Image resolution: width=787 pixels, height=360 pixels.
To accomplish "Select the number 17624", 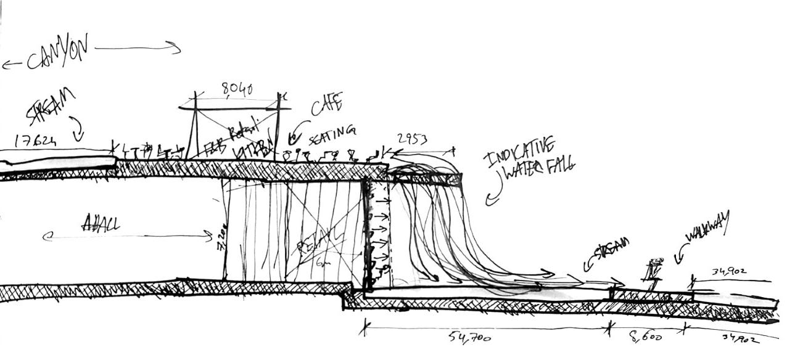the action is click(35, 141).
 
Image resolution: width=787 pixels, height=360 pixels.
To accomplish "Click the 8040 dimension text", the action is click(237, 91).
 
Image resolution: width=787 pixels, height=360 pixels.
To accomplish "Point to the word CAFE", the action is click(326, 105).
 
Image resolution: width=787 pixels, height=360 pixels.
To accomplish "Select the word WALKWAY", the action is click(707, 227).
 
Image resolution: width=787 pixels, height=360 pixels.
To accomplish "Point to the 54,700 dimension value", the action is click(470, 337).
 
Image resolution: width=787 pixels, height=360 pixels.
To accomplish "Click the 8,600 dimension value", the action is click(645, 337).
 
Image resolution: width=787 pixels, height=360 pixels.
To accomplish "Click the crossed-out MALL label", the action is click(101, 223).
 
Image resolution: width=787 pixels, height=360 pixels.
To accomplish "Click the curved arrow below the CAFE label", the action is click(297, 131).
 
